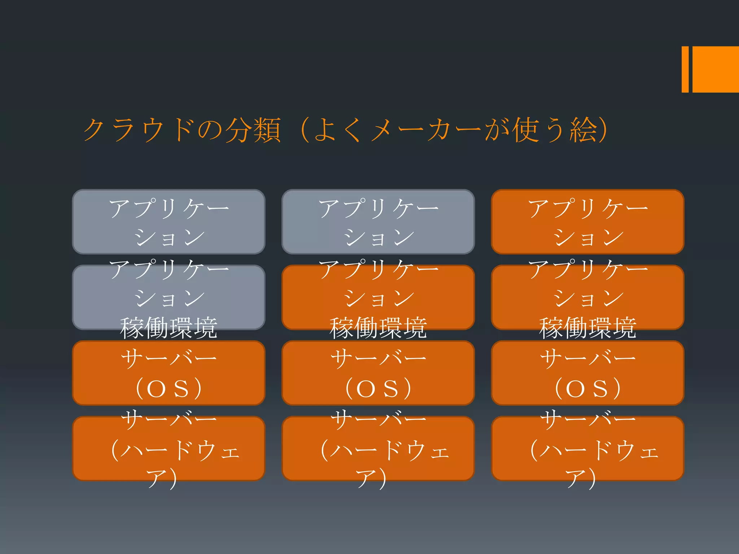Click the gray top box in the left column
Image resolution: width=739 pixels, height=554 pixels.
point(169,222)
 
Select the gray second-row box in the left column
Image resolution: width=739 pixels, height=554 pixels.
point(169,298)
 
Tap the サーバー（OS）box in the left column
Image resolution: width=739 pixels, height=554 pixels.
point(169,373)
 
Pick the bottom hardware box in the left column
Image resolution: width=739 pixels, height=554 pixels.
point(169,449)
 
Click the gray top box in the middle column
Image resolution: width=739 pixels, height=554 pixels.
point(378,222)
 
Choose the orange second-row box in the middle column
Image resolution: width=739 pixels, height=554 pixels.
point(378,298)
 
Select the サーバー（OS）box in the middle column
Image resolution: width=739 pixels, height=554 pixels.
point(378,373)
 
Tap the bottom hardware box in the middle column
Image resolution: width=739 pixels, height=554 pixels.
point(378,449)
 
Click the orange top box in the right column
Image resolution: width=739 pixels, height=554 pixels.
point(587,222)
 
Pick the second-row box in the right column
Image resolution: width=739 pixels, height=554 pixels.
point(587,298)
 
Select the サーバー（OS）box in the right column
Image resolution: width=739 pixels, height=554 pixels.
point(587,373)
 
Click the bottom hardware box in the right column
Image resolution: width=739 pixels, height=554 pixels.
point(587,449)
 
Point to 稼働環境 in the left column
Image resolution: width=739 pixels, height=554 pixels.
point(169,327)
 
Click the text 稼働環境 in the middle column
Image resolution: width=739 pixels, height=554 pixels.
point(378,327)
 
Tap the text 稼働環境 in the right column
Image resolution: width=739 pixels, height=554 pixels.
point(587,327)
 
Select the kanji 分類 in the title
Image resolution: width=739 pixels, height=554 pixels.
point(253,129)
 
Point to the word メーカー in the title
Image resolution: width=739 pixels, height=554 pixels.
point(426,129)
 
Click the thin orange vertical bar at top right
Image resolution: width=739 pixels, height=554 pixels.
point(685,69)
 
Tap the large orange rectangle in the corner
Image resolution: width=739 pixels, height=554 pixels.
point(716,69)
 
